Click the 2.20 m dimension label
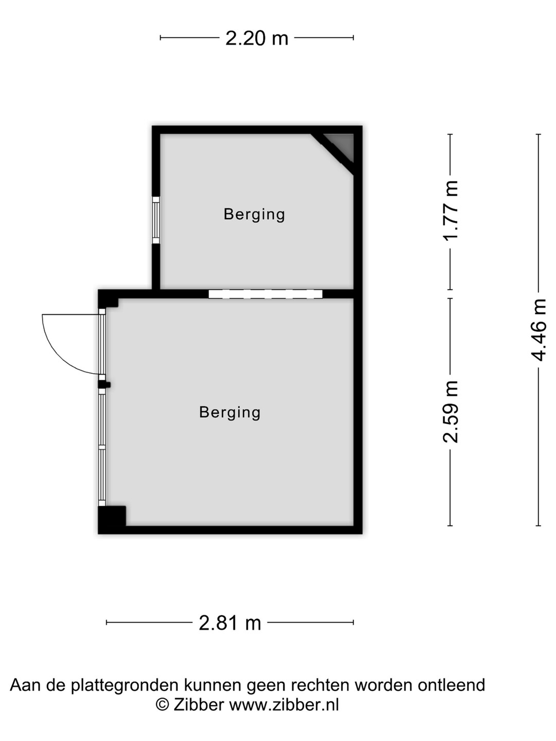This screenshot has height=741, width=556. pos(256,38)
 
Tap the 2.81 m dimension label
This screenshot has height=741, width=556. pos(230,623)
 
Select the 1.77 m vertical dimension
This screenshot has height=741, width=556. pos(450,210)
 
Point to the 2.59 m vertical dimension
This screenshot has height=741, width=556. pos(450,412)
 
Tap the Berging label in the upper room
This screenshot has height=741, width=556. pos(254,215)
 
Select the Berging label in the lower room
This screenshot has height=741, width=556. pos(230,413)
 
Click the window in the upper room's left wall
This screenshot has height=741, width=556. pos(155,220)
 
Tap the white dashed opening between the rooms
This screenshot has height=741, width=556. pos(265,294)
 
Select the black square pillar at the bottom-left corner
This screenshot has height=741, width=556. pos(112,516)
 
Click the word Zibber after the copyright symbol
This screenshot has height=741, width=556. pos(199,705)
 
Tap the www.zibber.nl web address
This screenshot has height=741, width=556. pos(284,705)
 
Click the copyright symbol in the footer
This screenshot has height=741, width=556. pos(162,705)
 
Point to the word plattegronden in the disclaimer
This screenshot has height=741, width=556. pos(125,686)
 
